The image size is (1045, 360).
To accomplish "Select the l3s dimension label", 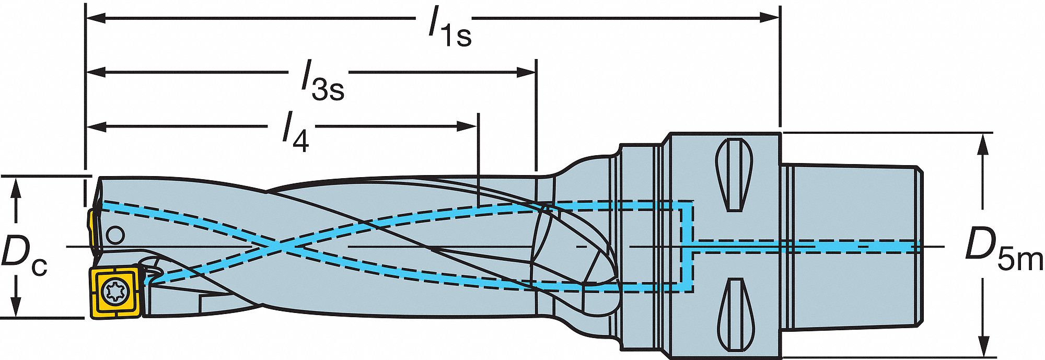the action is pos(322,81).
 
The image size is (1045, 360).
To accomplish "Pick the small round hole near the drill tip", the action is pos(115,235).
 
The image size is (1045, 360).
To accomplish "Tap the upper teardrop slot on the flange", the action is pos(735,175).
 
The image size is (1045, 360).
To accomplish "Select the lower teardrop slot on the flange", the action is pos(735,315).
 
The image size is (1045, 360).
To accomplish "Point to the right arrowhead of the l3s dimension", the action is pos(526,72).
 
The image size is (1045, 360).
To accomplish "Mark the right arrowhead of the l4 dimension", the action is pos(467,126).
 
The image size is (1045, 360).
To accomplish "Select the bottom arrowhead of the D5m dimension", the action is pos(984,344).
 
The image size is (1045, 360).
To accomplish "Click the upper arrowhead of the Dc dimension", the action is pos(17,189).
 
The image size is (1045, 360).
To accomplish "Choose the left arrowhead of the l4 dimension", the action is pos(97,126).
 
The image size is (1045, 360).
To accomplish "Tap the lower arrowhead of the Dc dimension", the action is pos(17,306).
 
